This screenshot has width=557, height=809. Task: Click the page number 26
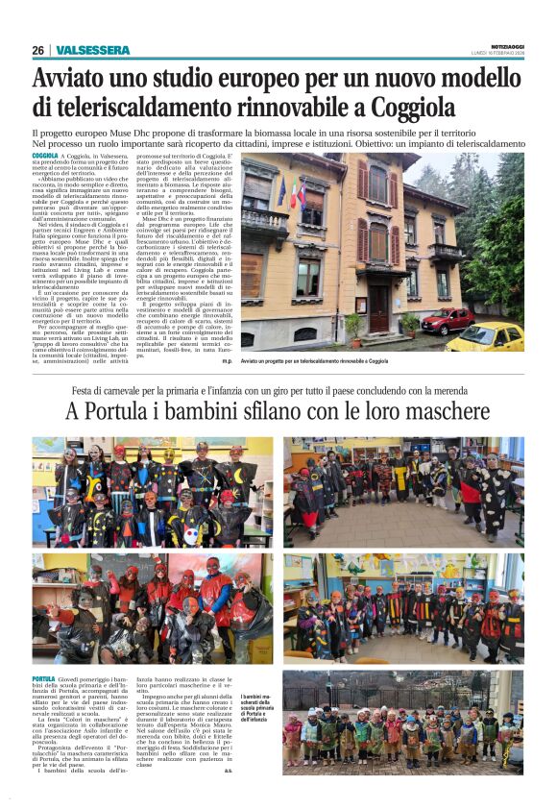[x=37, y=50]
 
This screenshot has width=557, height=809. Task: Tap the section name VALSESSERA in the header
[x=92, y=50]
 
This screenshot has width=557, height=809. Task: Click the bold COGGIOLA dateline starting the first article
[x=45, y=155]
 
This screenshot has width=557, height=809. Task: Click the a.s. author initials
[x=228, y=770]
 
